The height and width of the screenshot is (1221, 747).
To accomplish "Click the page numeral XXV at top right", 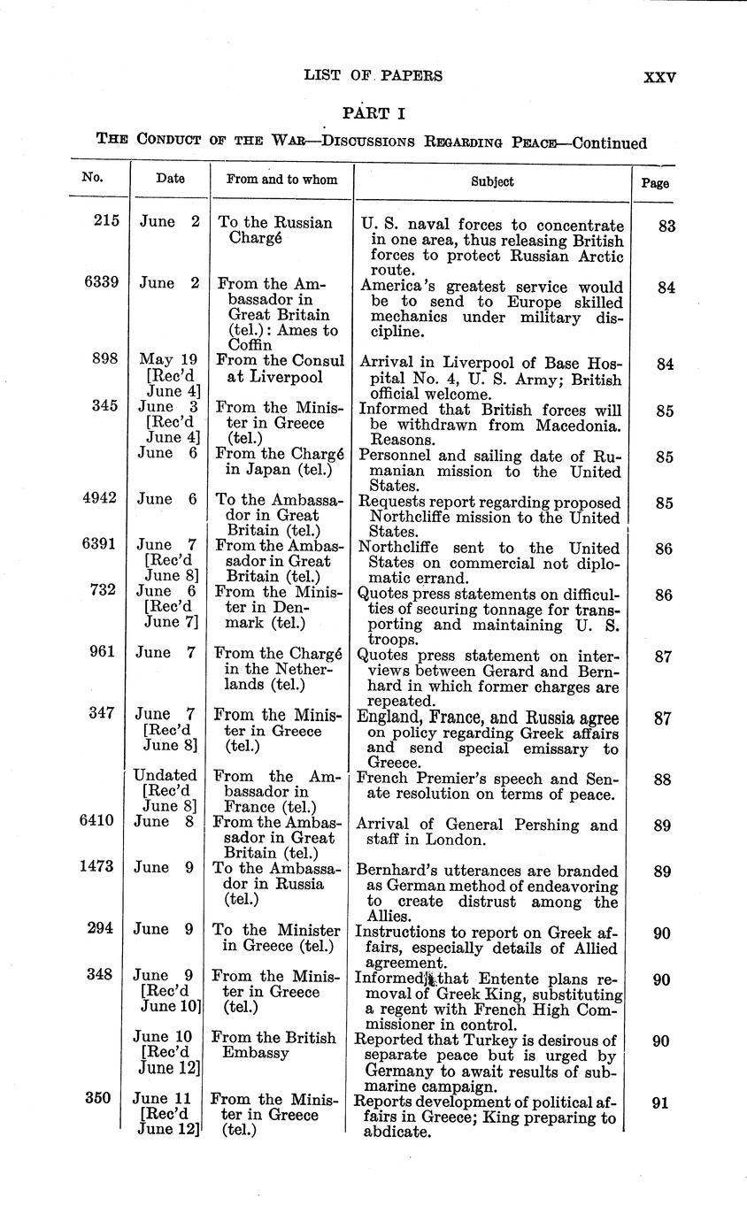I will pos(659,77).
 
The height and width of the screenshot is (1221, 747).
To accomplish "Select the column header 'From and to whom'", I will pos(281,180).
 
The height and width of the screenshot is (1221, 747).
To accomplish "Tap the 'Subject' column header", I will pos(492,180).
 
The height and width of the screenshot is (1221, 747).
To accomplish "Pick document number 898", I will pos(105,360).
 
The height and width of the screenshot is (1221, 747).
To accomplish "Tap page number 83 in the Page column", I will pos(667,226).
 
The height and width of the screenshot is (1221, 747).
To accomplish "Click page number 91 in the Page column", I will pos(661,1103).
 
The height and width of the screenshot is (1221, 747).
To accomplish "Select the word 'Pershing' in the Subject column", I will pos(547,825).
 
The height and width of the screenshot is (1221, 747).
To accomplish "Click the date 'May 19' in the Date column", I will pos(168,360).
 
